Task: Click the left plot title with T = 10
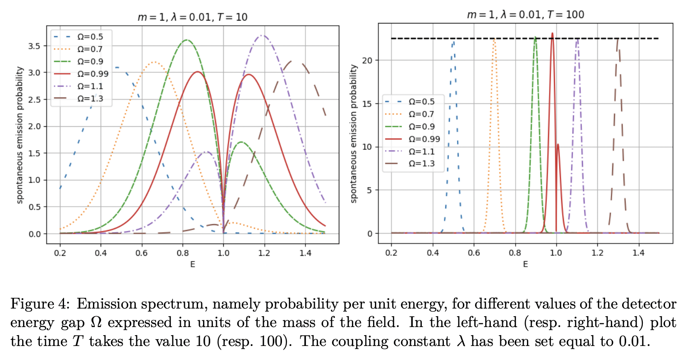pos(193,17)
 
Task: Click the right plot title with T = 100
pos(525,14)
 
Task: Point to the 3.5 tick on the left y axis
pos(34,46)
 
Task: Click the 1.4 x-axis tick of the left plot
pos(305,253)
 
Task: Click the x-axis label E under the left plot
pos(193,264)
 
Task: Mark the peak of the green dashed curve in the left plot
pos(187,40)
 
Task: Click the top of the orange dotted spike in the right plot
pos(494,39)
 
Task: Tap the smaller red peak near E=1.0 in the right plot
pos(558,145)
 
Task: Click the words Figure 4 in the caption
pos(40,304)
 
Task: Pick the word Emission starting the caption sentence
pos(107,304)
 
